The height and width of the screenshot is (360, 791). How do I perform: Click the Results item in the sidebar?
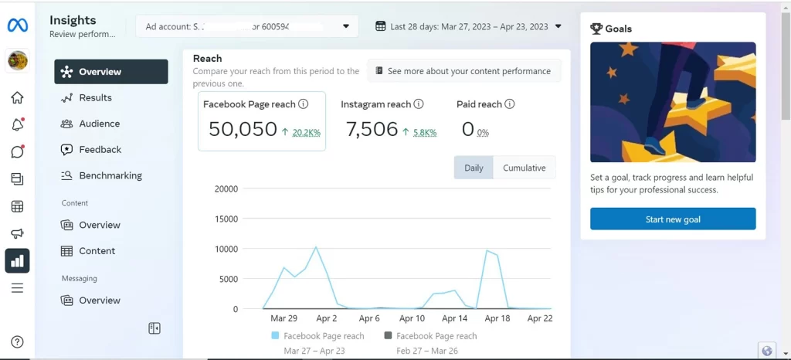95,97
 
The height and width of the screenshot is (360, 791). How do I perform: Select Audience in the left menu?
99,124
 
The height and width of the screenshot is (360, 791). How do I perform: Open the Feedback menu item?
100,149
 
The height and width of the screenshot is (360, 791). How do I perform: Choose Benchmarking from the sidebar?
110,175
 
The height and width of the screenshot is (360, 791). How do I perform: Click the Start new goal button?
673,219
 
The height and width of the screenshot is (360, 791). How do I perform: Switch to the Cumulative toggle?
524,168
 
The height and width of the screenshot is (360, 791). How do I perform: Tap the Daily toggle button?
474,168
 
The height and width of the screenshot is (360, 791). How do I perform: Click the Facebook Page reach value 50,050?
243,129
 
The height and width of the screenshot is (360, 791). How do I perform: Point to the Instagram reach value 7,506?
372,129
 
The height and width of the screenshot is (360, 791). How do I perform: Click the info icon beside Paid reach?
510,104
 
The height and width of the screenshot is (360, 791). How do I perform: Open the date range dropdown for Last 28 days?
468,26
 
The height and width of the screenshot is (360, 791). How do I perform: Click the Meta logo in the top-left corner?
17,25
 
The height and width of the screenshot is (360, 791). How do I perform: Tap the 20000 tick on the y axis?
226,188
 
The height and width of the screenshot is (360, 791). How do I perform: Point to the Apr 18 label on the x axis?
497,318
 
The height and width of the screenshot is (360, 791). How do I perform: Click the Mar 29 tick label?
284,318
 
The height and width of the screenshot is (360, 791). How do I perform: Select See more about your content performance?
463,71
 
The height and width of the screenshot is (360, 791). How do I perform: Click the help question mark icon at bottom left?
17,342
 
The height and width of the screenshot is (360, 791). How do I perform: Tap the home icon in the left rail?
17,97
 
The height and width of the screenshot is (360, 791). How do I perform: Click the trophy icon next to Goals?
596,29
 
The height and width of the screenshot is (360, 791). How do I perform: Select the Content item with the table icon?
97,251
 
